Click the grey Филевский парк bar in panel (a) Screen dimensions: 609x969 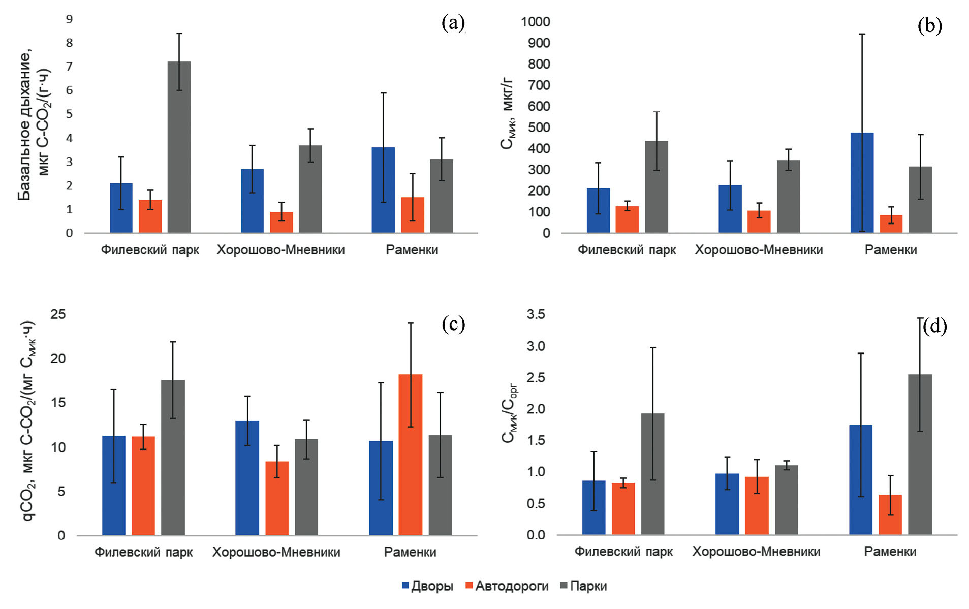click(x=179, y=147)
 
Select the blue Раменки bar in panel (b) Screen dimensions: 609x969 click(x=862, y=183)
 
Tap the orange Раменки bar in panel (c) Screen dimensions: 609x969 click(x=410, y=455)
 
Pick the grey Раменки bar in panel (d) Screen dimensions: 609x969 click(x=920, y=455)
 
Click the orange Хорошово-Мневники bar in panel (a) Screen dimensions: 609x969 click(x=281, y=222)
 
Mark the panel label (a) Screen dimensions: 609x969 click(x=453, y=23)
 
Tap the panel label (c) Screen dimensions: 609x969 click(x=453, y=324)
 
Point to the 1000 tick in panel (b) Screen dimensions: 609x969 click(x=535, y=22)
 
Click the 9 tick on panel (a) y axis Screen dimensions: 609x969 click(x=69, y=19)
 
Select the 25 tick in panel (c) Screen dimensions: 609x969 click(x=58, y=314)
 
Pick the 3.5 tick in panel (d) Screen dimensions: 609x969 click(x=536, y=314)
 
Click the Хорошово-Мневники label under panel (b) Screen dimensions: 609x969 click(x=759, y=250)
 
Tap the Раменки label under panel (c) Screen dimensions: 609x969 click(x=410, y=552)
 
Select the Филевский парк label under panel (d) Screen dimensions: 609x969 click(x=623, y=552)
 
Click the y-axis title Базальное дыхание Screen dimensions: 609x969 click(x=24, y=124)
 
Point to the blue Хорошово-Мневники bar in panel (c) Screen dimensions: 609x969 click(x=247, y=477)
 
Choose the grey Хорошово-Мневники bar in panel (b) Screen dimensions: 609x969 click(x=788, y=197)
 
